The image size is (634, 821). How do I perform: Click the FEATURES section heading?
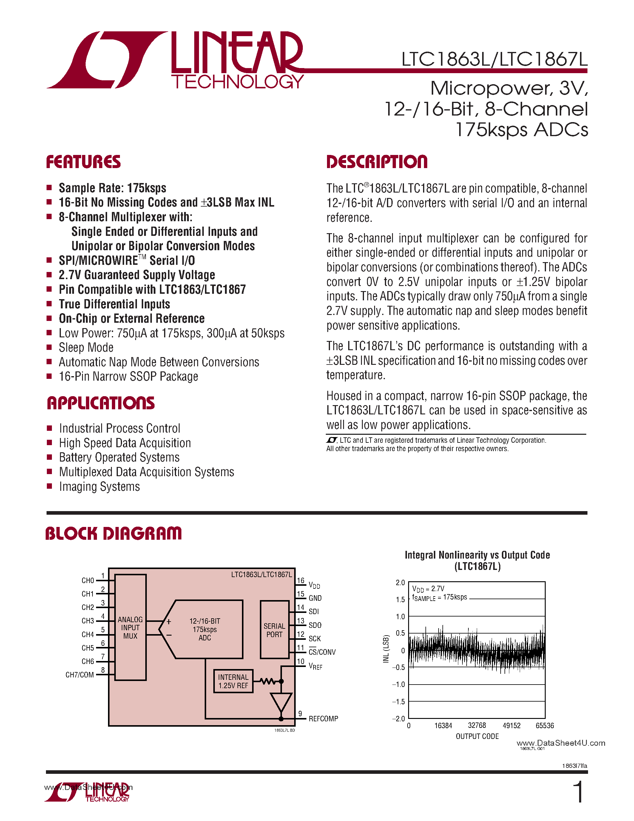click(83, 162)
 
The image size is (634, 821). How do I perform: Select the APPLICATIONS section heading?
click(101, 403)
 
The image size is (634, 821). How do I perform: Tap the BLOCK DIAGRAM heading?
click(113, 534)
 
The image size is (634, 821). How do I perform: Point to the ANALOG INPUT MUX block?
click(130, 628)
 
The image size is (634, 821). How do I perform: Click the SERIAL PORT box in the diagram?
click(274, 630)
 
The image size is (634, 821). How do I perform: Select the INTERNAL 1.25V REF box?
click(233, 681)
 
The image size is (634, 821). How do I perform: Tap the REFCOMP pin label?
click(323, 719)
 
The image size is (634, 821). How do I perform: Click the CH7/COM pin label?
click(80, 675)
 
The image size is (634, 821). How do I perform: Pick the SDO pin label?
click(315, 625)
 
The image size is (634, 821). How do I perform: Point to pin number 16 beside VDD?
click(300, 581)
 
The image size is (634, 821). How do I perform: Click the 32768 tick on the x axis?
click(477, 725)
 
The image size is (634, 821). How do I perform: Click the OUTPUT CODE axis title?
click(477, 737)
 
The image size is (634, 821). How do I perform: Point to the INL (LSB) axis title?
click(386, 649)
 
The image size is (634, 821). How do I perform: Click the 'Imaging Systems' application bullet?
click(100, 487)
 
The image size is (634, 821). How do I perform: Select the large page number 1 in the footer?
click(579, 792)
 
